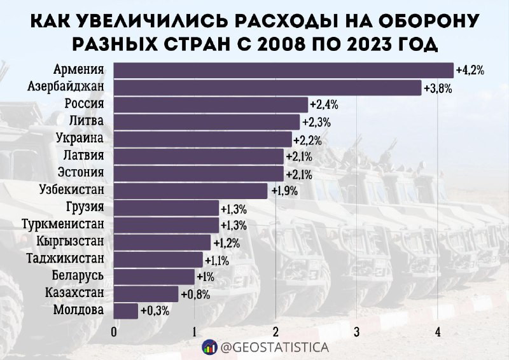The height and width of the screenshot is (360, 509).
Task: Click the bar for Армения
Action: click(x=283, y=70)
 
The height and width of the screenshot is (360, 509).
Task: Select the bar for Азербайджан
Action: click(x=267, y=87)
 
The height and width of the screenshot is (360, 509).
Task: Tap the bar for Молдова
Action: click(x=125, y=310)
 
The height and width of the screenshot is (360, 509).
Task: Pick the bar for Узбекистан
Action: click(x=190, y=190)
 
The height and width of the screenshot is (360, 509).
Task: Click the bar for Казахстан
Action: click(x=146, y=293)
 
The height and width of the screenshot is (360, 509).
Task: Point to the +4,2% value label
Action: click(x=470, y=71)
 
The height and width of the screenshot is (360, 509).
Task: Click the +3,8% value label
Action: click(x=438, y=88)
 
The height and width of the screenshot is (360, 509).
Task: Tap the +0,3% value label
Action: click(x=154, y=311)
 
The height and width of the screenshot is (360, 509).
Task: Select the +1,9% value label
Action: click(x=284, y=190)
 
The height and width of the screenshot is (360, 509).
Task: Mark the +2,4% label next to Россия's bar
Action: click(x=324, y=105)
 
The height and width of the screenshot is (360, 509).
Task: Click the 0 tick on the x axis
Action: click(x=114, y=331)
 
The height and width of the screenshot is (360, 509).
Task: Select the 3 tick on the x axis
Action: click(x=357, y=331)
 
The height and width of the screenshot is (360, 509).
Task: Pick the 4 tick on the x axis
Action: click(x=438, y=331)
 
